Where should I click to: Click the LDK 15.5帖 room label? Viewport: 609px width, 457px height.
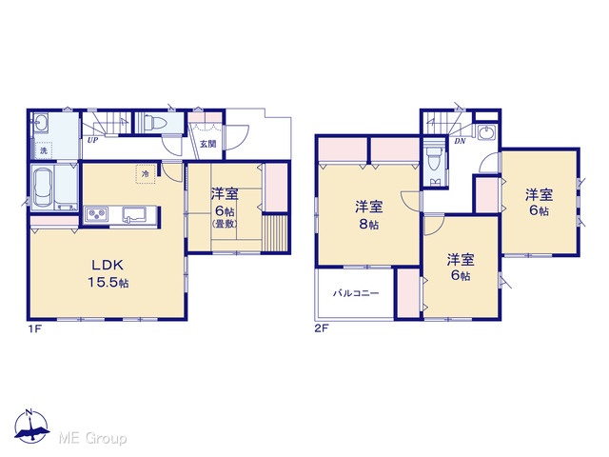click(x=108, y=273)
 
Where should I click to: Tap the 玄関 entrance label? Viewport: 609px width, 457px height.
click(x=208, y=144)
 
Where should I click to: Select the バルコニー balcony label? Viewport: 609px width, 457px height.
click(x=356, y=293)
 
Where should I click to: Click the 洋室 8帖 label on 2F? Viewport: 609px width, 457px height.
click(x=368, y=215)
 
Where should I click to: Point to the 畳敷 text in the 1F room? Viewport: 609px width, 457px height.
click(x=226, y=225)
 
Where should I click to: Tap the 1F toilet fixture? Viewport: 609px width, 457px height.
click(x=155, y=123)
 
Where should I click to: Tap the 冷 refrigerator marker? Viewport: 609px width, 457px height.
click(x=146, y=173)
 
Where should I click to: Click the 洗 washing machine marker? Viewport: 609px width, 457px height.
click(x=43, y=150)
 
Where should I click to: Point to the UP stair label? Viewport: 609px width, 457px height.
click(x=92, y=140)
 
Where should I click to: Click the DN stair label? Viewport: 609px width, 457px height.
click(x=460, y=141)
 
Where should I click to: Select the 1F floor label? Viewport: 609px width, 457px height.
click(x=34, y=329)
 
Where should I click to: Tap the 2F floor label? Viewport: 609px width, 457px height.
click(x=322, y=329)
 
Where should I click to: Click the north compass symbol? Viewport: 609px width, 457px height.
click(x=31, y=427)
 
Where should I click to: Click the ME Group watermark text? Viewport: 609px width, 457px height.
click(x=92, y=439)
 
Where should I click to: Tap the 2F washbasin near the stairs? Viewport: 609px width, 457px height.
click(x=486, y=132)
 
